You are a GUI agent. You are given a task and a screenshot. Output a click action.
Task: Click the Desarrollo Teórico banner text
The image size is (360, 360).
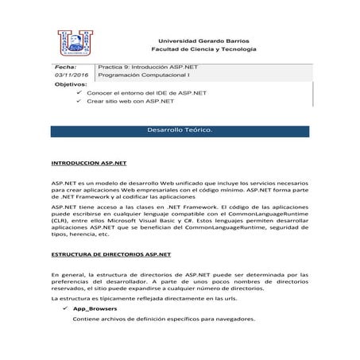point(180,129)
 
